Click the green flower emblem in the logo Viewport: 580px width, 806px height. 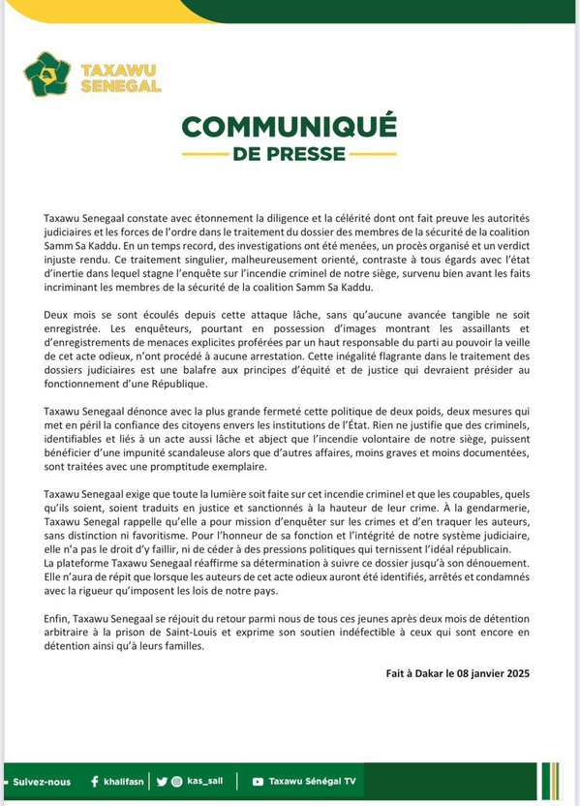click(x=47, y=75)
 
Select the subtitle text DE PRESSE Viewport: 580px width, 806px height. click(x=289, y=154)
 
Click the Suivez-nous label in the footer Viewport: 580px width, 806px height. click(x=42, y=781)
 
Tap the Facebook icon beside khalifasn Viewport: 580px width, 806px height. click(x=94, y=781)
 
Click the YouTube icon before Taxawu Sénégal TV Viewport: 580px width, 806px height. click(x=258, y=781)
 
